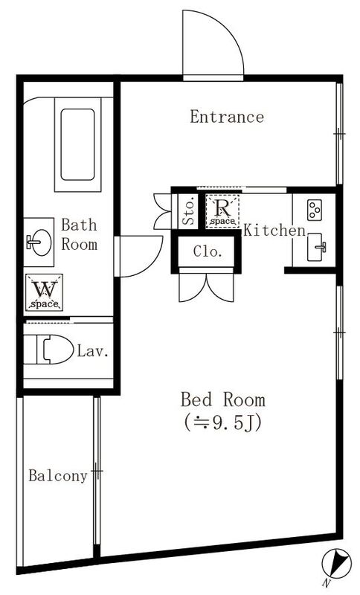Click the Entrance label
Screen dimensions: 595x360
coord(226,117)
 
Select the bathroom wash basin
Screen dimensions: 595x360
coord(37,241)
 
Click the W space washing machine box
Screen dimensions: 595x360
coord(44,292)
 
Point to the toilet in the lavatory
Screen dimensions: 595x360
coord(48,350)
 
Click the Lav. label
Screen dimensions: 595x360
coord(94,350)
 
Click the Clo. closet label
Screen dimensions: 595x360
coord(208,251)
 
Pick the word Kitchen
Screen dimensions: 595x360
coord(274,231)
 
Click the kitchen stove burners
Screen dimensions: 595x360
coord(314,209)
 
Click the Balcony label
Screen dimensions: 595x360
coord(58,476)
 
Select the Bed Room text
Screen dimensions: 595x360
coord(222,399)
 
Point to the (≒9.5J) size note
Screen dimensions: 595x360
coord(222,422)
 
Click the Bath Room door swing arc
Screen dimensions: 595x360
coord(138,256)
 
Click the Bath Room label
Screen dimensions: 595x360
coord(79,234)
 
